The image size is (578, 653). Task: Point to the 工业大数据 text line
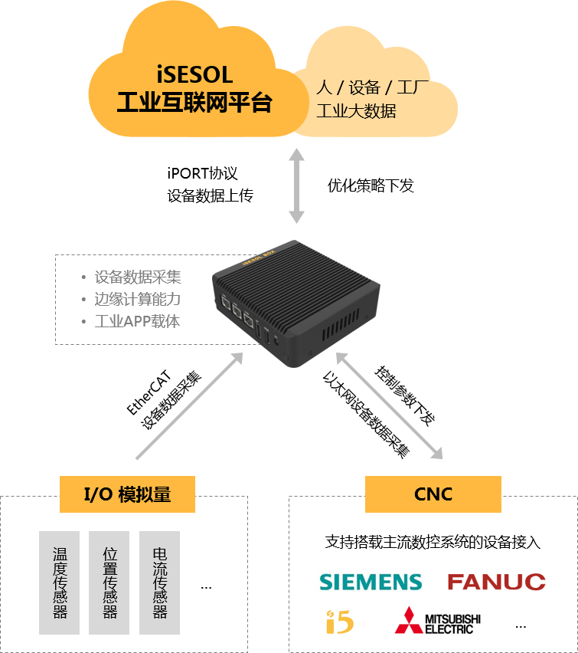[356, 111]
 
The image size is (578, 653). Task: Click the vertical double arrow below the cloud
[296, 186]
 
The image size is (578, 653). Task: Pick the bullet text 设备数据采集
[138, 277]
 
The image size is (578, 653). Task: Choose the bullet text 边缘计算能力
[138, 300]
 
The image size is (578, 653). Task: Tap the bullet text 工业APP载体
[137, 321]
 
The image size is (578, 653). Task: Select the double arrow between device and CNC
[390, 406]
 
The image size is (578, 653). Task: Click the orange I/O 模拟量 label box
[127, 494]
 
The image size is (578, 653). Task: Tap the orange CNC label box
[433, 494]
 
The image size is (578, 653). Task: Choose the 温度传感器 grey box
[60, 582]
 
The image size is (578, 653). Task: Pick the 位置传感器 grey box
[109, 582]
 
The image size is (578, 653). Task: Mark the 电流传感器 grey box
[160, 582]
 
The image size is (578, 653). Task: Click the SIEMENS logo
[371, 582]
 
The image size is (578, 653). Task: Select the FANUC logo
[497, 582]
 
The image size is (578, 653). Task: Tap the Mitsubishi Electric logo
[437, 620]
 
